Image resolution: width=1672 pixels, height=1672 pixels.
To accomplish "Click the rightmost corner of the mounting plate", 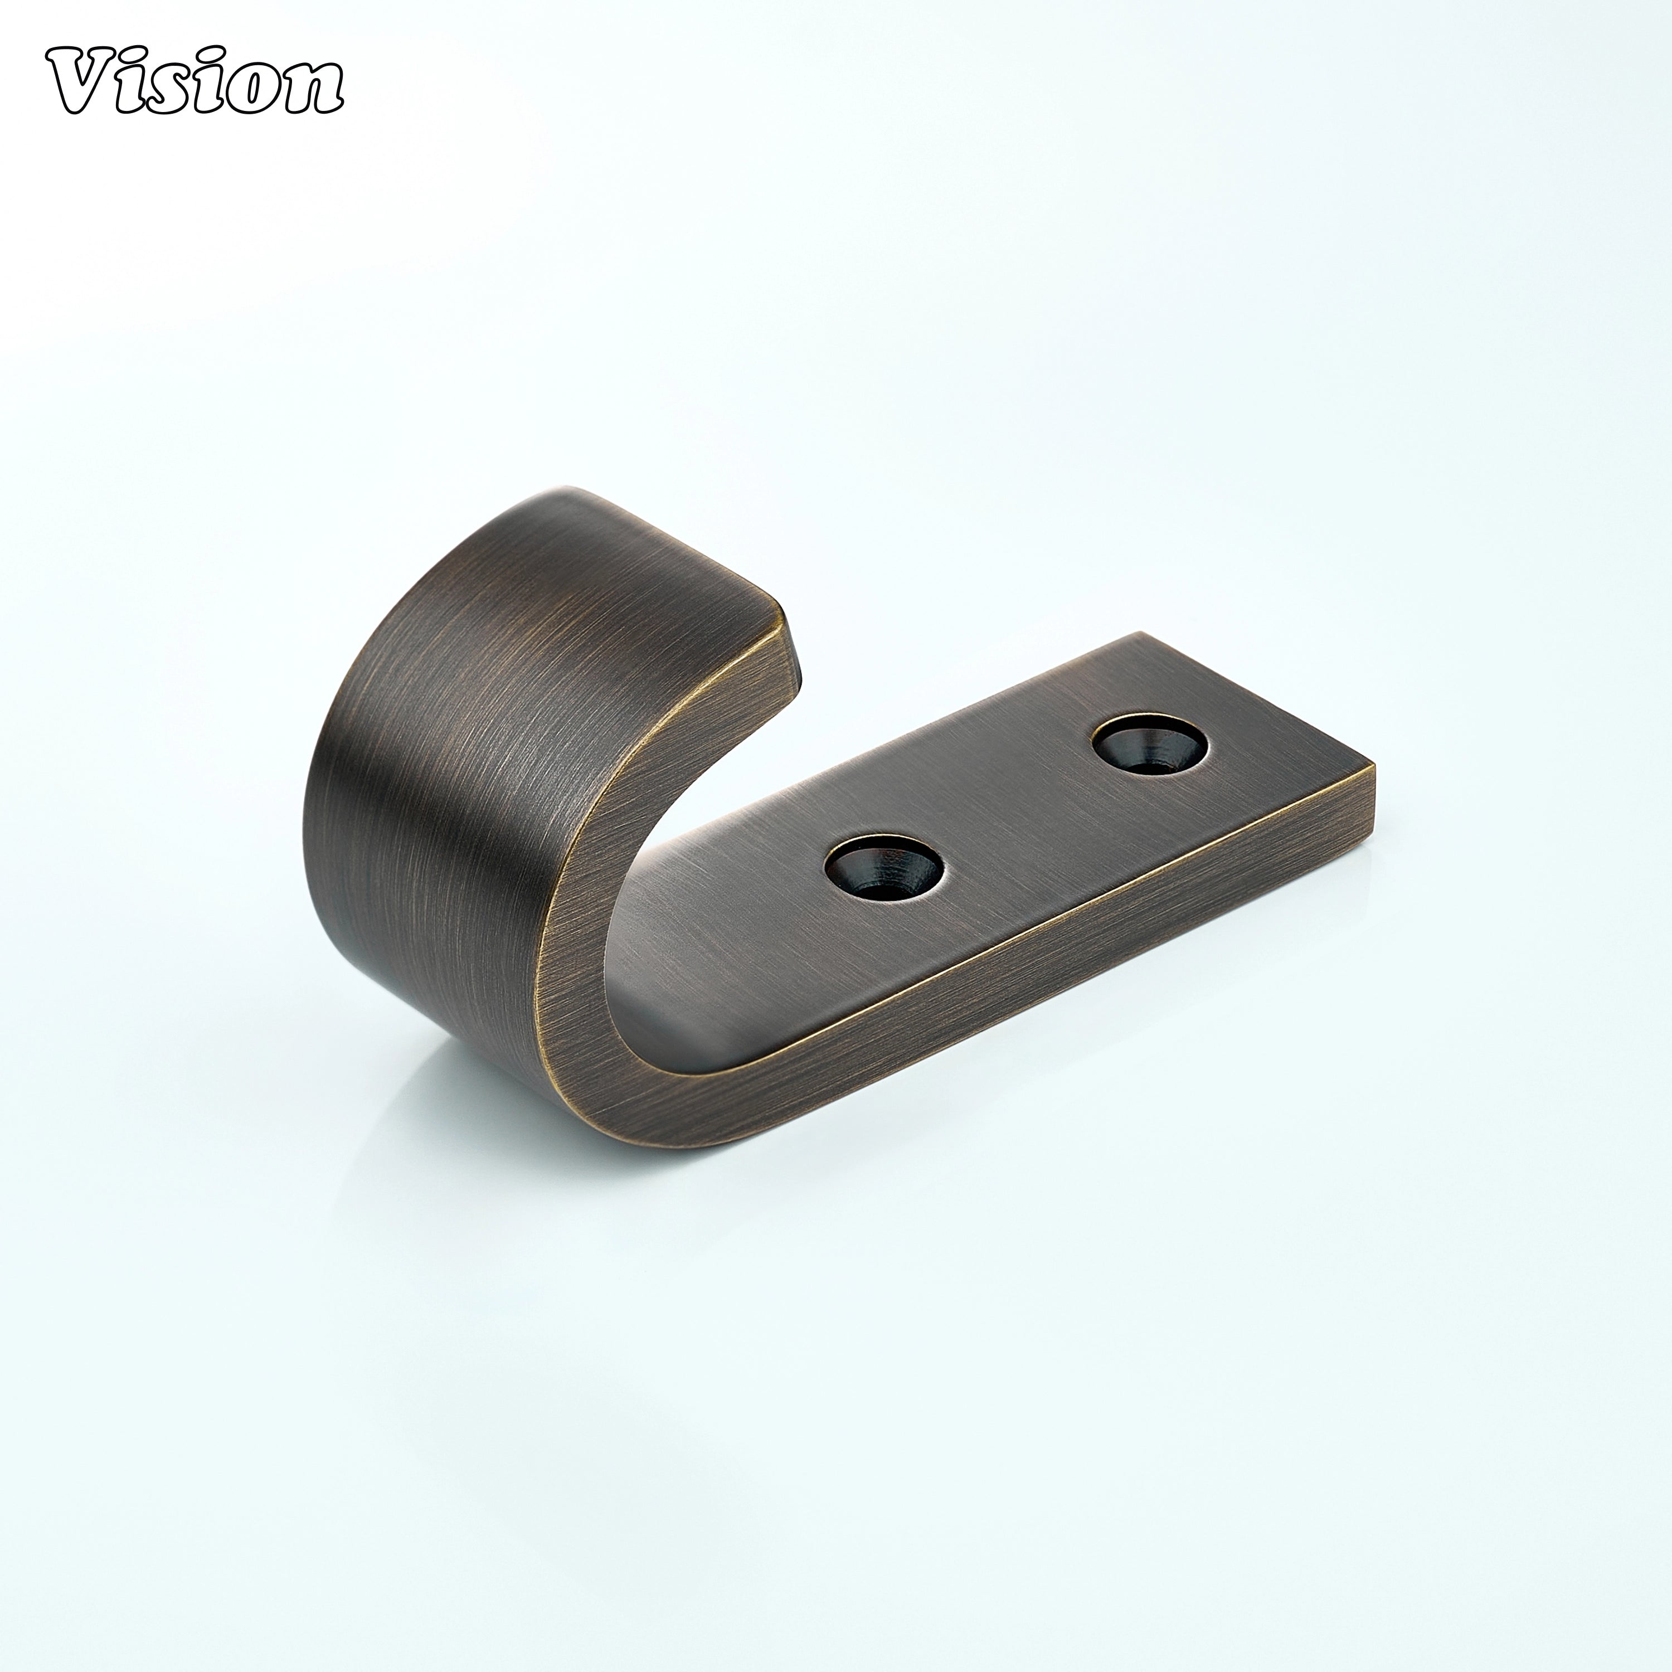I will (x=1374, y=770).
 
